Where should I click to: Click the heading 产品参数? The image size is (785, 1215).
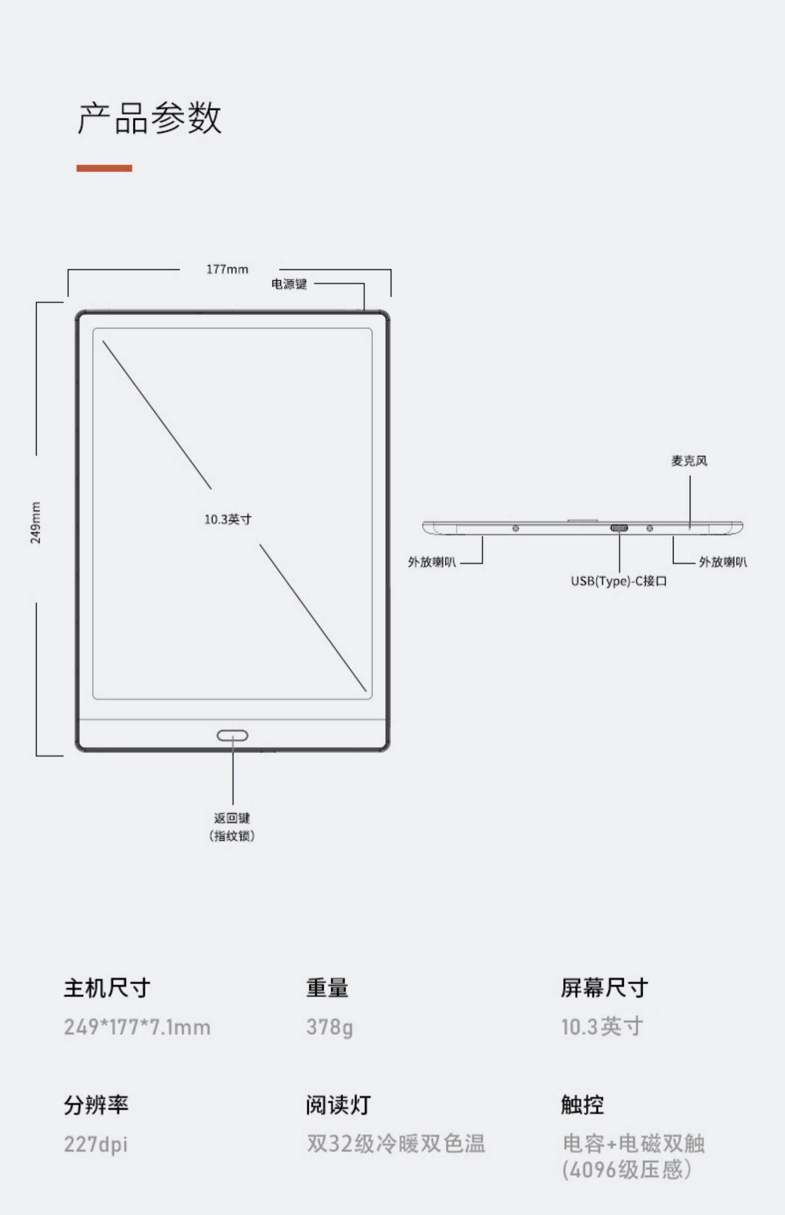[150, 118]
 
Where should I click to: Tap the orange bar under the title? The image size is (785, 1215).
[104, 168]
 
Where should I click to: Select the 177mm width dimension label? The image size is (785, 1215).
[227, 269]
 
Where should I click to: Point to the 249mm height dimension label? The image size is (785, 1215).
[35, 522]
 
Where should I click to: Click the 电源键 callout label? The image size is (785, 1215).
[289, 284]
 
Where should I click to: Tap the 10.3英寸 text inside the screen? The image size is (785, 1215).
[228, 519]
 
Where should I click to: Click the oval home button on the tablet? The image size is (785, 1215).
[232, 736]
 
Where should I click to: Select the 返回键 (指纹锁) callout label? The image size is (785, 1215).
[232, 827]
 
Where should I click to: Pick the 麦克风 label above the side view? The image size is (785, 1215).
[689, 461]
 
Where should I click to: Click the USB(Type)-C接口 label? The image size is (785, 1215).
[619, 581]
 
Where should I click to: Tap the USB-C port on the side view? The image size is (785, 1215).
[619, 528]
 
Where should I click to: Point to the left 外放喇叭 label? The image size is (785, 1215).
[432, 562]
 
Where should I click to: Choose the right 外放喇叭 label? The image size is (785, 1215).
[723, 562]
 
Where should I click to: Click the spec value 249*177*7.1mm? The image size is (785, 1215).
[137, 1027]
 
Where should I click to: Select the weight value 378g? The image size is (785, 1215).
[330, 1027]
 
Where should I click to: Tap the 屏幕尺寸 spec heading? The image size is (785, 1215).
[604, 988]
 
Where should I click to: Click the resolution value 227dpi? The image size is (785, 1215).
[96, 1144]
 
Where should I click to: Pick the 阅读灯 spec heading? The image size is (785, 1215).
[339, 1105]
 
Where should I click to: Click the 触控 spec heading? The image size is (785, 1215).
[582, 1105]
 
